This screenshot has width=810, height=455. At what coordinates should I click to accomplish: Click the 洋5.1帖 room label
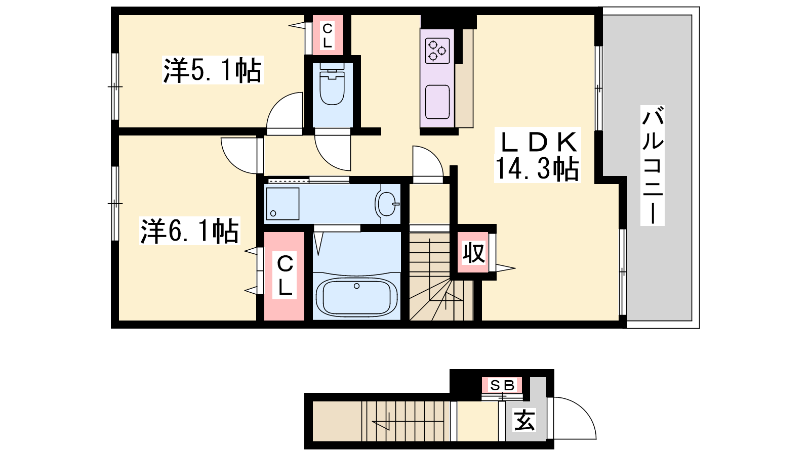tap(213, 70)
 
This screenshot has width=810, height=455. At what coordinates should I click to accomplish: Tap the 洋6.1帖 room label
tap(190, 231)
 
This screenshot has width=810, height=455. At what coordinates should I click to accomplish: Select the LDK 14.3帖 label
tap(537, 155)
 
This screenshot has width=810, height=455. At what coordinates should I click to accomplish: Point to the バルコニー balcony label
tap(653, 165)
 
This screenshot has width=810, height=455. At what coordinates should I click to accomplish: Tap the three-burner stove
tap(437, 51)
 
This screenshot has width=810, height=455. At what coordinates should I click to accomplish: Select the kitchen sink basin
tap(437, 102)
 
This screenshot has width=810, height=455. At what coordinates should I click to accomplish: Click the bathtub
tap(356, 296)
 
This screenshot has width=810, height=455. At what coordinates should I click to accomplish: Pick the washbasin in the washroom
tap(387, 204)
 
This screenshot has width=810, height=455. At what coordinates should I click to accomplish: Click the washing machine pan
tap(283, 204)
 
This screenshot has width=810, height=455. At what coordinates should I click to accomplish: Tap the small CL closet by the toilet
tap(328, 35)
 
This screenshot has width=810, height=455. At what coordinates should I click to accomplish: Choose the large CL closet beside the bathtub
tap(284, 276)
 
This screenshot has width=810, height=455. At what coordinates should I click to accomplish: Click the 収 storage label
tap(473, 253)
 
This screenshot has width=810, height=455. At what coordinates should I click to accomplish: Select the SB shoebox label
tap(502, 386)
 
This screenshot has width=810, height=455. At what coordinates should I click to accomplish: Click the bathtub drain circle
tap(357, 286)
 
